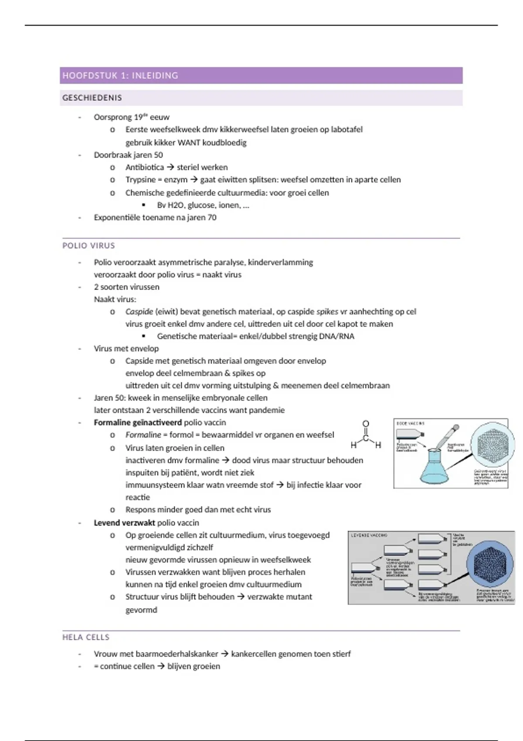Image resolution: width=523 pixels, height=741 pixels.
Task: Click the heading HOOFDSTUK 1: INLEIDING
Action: click(x=120, y=75)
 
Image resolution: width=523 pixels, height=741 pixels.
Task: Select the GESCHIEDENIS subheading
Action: click(x=92, y=98)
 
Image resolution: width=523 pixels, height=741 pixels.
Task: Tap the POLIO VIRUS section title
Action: click(x=88, y=245)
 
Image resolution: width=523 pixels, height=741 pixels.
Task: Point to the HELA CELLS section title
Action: click(x=86, y=637)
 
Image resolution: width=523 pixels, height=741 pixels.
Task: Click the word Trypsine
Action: click(x=140, y=180)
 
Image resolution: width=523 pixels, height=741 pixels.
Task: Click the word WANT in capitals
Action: click(x=189, y=143)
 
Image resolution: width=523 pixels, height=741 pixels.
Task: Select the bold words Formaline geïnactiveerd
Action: click(x=138, y=422)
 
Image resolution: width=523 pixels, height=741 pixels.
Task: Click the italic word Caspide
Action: click(x=139, y=312)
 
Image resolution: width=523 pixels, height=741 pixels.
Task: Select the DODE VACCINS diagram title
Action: click(x=410, y=423)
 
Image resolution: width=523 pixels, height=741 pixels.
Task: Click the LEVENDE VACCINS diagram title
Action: click(x=369, y=535)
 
